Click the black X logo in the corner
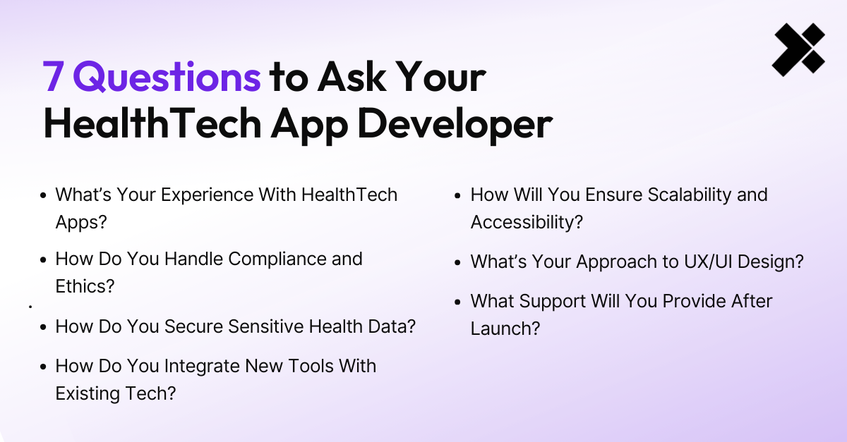[798, 49]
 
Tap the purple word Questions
[167, 78]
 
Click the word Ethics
[85, 286]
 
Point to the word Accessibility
[527, 221]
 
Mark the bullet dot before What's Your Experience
[44, 195]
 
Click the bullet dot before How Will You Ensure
[459, 195]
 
